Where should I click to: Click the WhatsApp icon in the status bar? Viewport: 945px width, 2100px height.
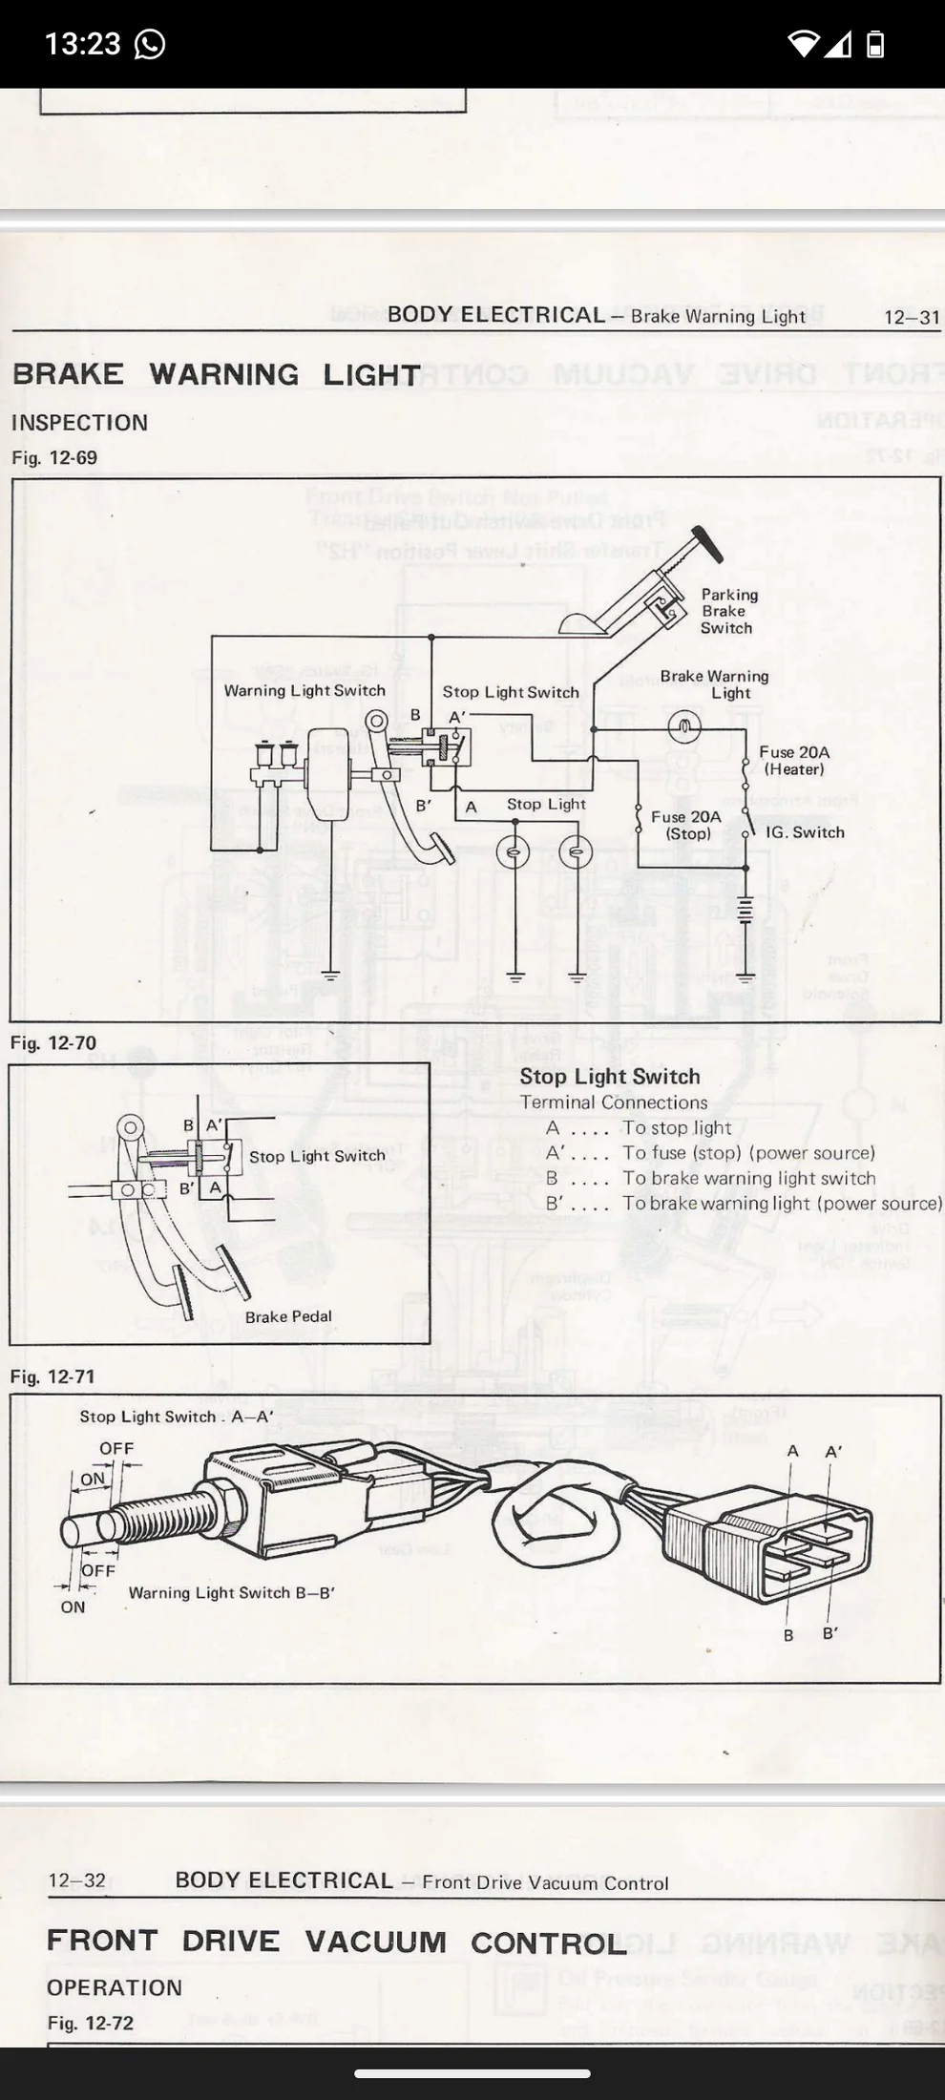pos(150,44)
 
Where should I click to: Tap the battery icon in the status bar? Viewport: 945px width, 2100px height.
pos(874,44)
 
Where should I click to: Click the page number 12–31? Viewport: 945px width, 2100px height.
pos(912,317)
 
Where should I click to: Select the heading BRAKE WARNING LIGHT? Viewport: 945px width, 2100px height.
pos(217,374)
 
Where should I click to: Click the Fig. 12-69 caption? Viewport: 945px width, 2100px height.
pos(54,458)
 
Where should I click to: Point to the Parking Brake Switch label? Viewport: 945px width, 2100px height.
pos(728,611)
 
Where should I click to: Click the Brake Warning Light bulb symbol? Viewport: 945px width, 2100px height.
pos(684,728)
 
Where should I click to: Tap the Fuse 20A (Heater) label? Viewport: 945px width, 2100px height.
pos(794,761)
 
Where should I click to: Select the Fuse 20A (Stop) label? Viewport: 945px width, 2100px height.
pos(686,825)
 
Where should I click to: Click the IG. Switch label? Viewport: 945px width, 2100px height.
pos(805,832)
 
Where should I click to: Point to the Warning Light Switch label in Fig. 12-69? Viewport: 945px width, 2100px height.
pos(304,690)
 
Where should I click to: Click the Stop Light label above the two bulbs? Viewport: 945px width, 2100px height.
pos(546,805)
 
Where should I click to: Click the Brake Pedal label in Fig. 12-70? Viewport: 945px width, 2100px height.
pos(288,1317)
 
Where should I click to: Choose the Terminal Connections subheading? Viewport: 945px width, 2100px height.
pos(614,1102)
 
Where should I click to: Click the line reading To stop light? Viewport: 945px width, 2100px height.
pos(677,1128)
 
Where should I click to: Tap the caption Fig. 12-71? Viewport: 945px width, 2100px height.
pos(53,1376)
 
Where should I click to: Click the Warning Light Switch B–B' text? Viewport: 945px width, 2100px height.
pos(232,1593)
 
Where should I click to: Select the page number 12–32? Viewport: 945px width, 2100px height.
pos(77,1880)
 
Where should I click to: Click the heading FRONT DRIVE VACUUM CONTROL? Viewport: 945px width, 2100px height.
pos(337,1942)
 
